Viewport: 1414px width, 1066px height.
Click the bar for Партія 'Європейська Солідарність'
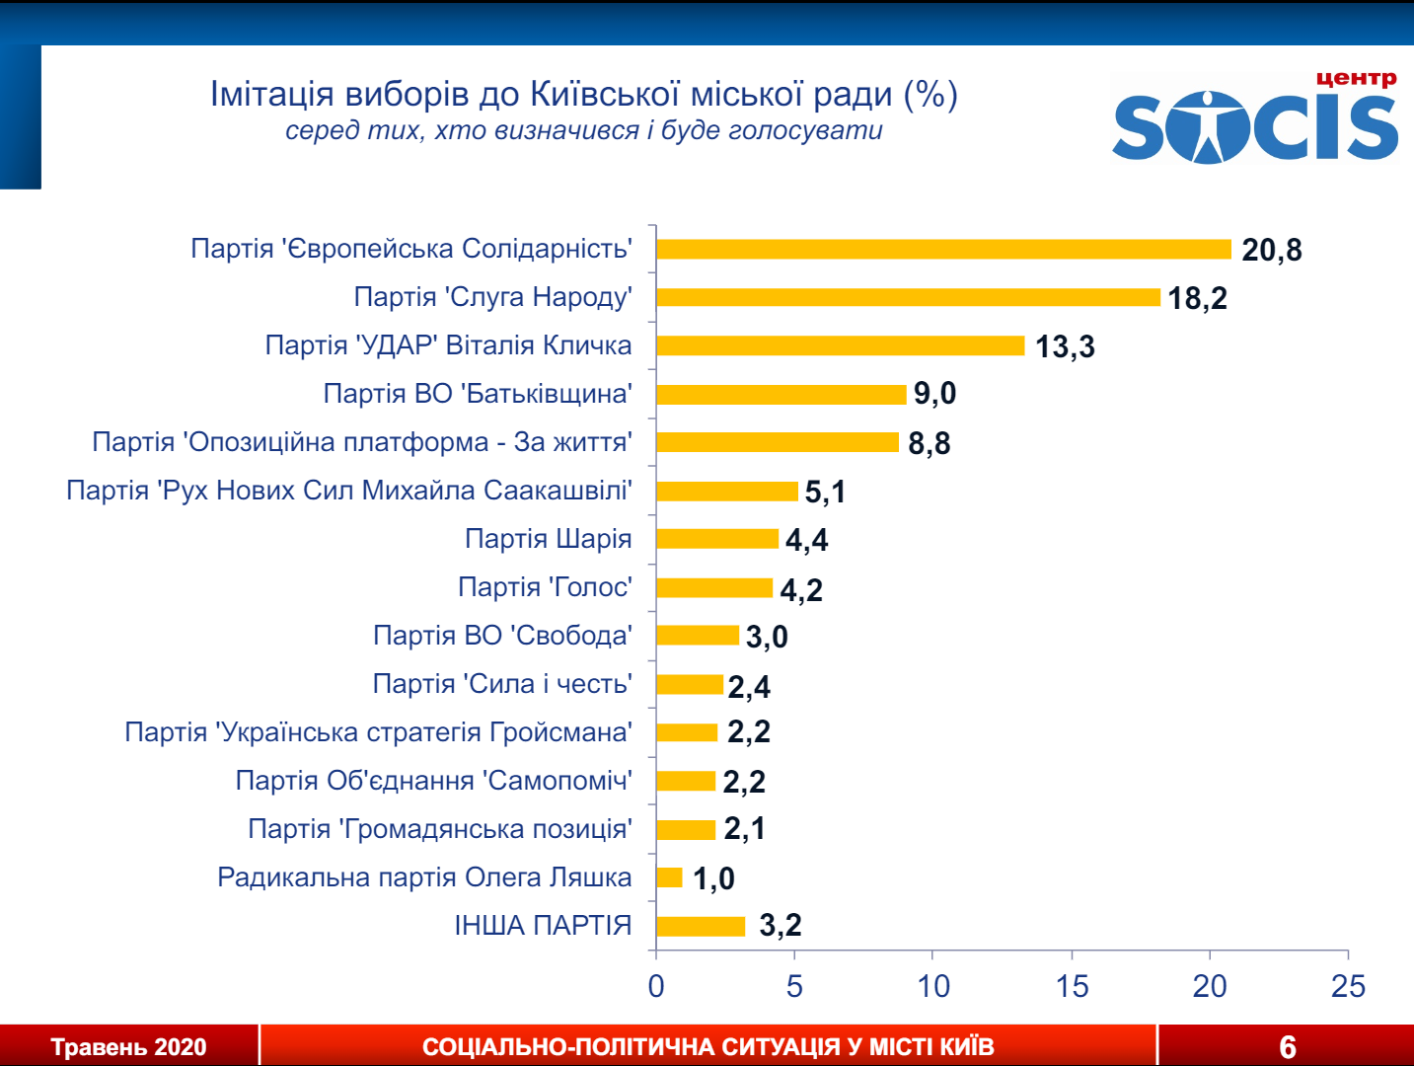coord(943,249)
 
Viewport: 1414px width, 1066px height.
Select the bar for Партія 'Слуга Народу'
coord(908,297)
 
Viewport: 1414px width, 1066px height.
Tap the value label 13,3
coord(1065,346)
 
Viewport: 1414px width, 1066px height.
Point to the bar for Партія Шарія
coord(717,539)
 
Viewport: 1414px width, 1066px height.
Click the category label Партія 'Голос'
coord(545,587)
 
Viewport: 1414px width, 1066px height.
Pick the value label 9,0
coord(934,394)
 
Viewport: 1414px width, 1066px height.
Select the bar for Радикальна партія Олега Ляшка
coord(669,877)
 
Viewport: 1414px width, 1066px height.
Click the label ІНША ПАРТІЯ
coord(543,926)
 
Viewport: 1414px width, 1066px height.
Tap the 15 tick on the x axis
coord(1072,985)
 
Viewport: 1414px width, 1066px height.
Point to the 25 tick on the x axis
coord(1348,985)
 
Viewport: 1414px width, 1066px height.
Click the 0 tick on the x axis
coord(656,985)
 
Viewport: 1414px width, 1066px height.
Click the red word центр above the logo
coord(1356,78)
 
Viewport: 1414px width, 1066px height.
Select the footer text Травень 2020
coord(128,1047)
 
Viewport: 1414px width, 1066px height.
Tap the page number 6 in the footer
coord(1288,1047)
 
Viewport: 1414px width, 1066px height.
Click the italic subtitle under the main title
coord(583,130)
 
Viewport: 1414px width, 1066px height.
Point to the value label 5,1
coord(825,492)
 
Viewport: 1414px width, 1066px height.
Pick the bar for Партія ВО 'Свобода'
coord(698,636)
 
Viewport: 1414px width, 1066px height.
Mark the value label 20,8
coord(1271,250)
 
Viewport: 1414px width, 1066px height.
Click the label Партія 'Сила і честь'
coord(502,684)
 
